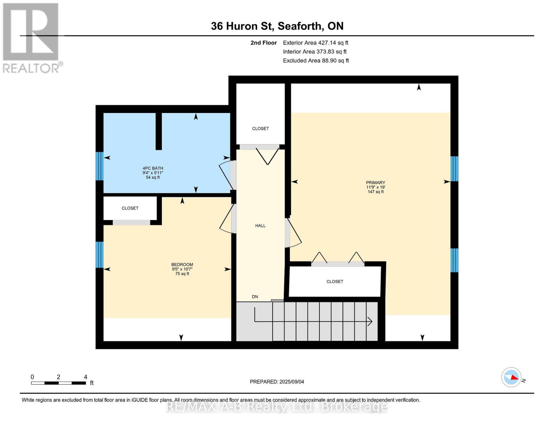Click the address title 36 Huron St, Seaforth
[277, 26]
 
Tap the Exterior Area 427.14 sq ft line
[315, 43]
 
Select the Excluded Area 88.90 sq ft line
[316, 61]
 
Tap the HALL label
[260, 226]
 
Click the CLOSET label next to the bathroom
[260, 128]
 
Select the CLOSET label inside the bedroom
[130, 208]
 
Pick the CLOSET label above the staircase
[335, 282]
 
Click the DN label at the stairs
[255, 297]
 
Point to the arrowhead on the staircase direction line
[370, 322]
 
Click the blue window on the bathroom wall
[99, 166]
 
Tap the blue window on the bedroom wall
[99, 255]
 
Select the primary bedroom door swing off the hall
[294, 233]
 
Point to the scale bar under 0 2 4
[58, 383]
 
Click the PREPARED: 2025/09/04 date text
[277, 382]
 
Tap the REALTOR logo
[31, 37]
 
